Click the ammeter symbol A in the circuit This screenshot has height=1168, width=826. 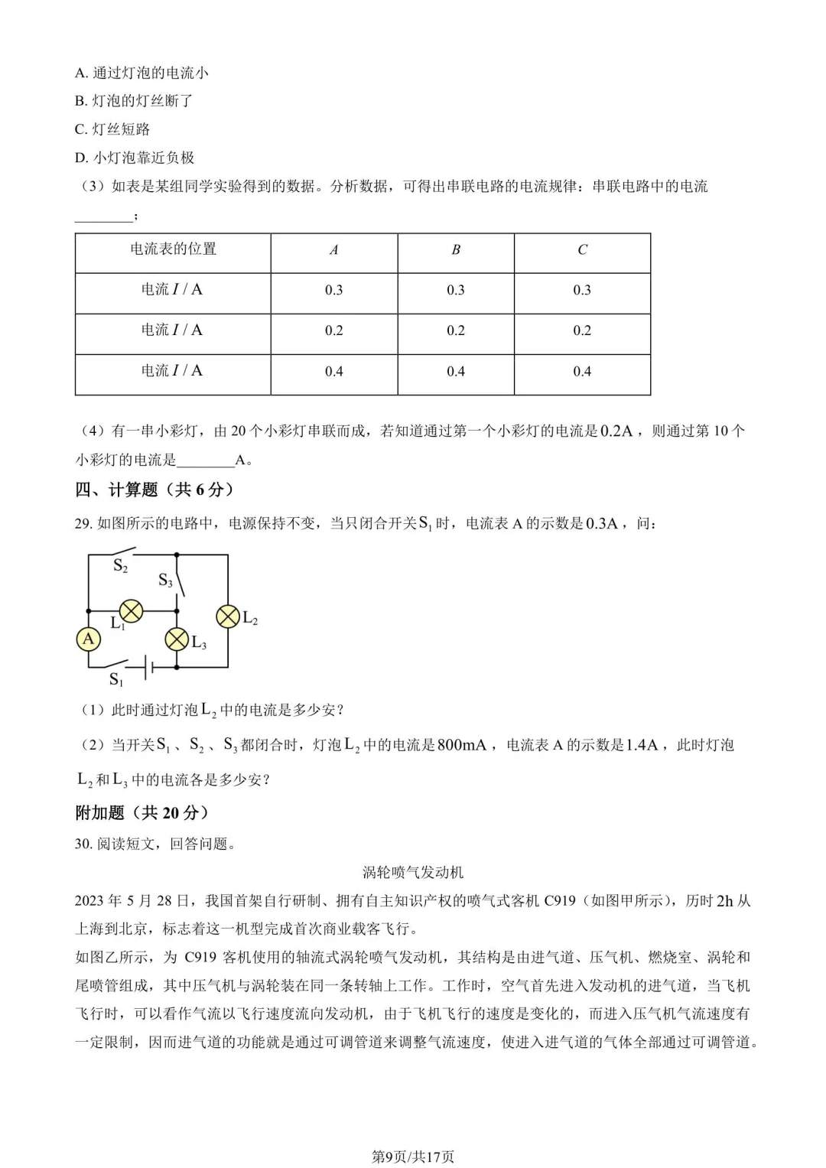[x=89, y=639]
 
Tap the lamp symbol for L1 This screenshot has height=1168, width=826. [x=132, y=610]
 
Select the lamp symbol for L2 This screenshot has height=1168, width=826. [x=228, y=617]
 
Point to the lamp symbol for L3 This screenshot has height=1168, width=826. [x=177, y=639]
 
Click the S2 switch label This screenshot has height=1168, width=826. [x=120, y=566]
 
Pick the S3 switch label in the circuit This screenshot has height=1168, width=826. [x=165, y=581]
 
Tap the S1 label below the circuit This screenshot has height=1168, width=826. [x=116, y=679]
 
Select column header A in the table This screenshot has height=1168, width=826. [x=333, y=250]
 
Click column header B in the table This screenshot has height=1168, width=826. [x=456, y=250]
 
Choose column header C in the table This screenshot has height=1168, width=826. [x=582, y=250]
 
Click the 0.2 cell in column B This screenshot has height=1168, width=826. [x=456, y=330]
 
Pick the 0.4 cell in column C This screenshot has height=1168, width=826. [x=582, y=372]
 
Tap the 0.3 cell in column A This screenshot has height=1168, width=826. [x=333, y=291]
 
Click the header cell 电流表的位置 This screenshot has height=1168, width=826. [x=173, y=249]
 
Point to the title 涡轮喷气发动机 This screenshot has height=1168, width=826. [x=413, y=873]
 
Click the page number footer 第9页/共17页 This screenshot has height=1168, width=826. [x=413, y=1157]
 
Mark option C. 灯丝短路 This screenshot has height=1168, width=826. [x=112, y=129]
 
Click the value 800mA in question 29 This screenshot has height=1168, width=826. [x=461, y=745]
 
